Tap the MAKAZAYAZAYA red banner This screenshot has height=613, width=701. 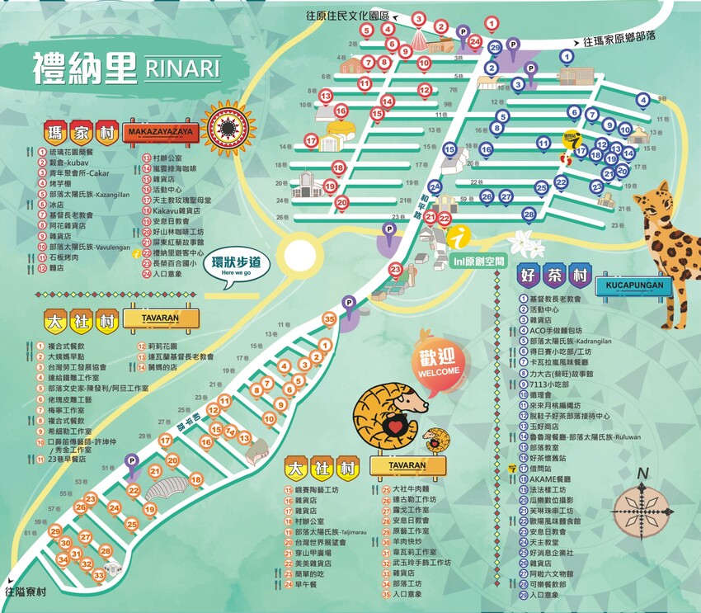160,131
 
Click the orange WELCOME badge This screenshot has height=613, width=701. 439,361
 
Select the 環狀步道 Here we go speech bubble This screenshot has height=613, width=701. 236,266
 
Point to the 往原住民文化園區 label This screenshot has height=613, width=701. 346,16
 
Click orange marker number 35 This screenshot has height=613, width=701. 330,318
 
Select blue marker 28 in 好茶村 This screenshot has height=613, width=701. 529,215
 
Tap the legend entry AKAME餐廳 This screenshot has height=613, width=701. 548,479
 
